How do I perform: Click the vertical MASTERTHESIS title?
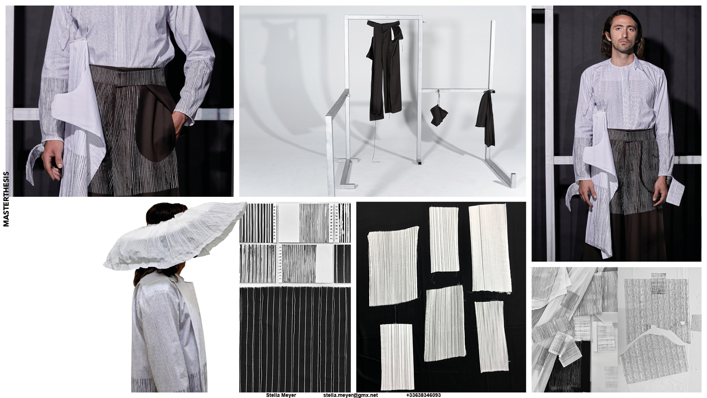(6, 199)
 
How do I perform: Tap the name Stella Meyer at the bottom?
(281, 395)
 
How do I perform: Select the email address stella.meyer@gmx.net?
(351, 395)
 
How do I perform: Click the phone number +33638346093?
(423, 395)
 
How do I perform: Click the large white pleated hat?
(175, 236)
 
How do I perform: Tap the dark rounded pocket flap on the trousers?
(155, 125)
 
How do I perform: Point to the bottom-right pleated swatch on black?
(491, 332)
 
